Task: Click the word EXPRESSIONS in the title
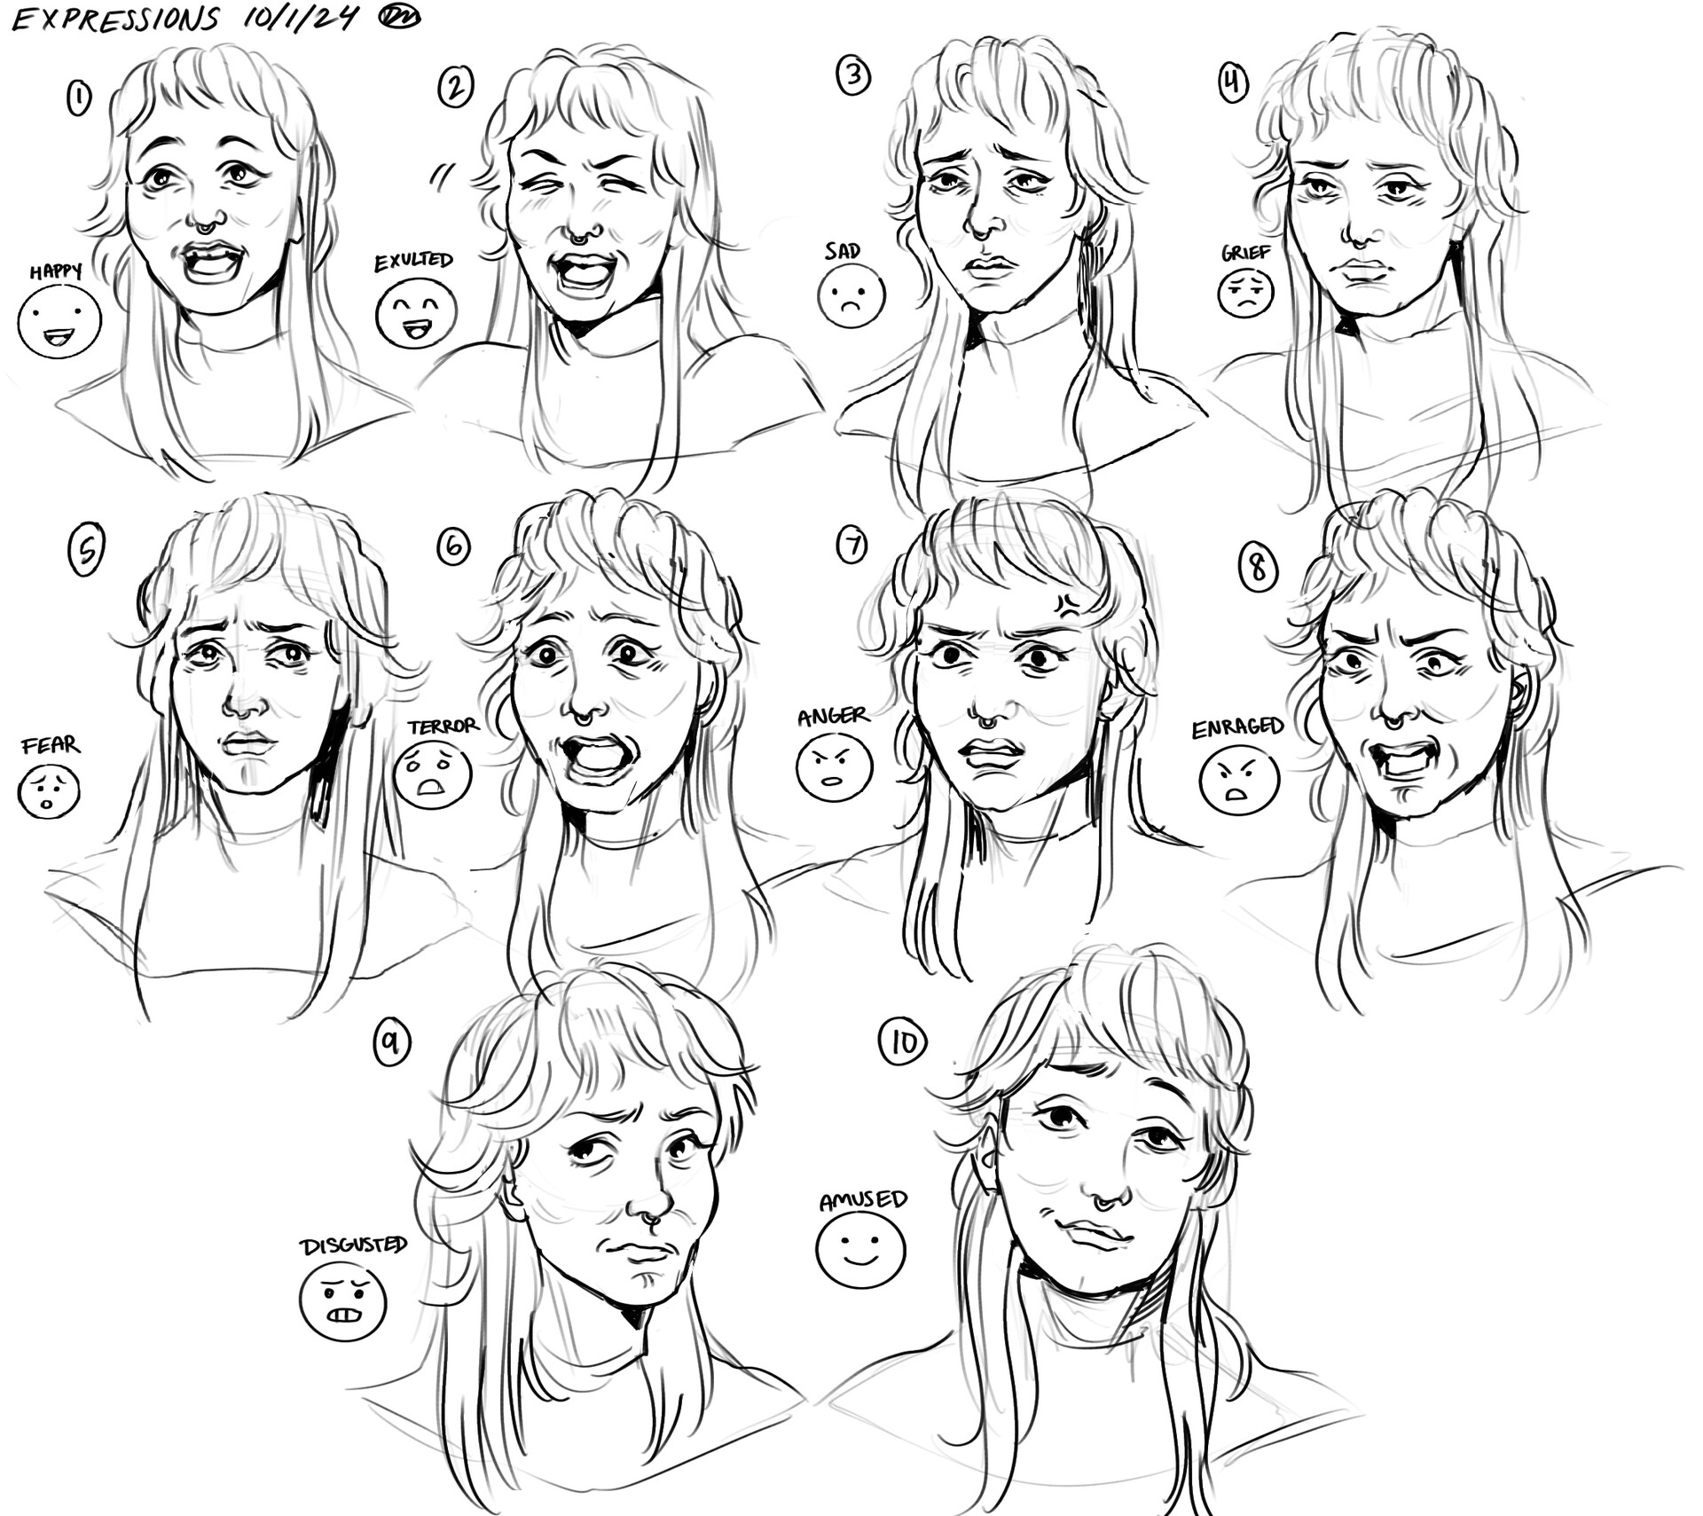(115, 19)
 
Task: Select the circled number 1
(79, 98)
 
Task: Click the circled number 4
(1233, 84)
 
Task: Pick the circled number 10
(902, 1042)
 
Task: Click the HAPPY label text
(55, 271)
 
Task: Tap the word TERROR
(443, 727)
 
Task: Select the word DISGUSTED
(353, 1246)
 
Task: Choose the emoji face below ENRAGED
(1238, 781)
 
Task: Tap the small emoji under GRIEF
(1245, 294)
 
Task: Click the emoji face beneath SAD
(851, 295)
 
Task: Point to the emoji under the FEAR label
(49, 791)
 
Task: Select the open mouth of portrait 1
(211, 263)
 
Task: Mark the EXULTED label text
(413, 262)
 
